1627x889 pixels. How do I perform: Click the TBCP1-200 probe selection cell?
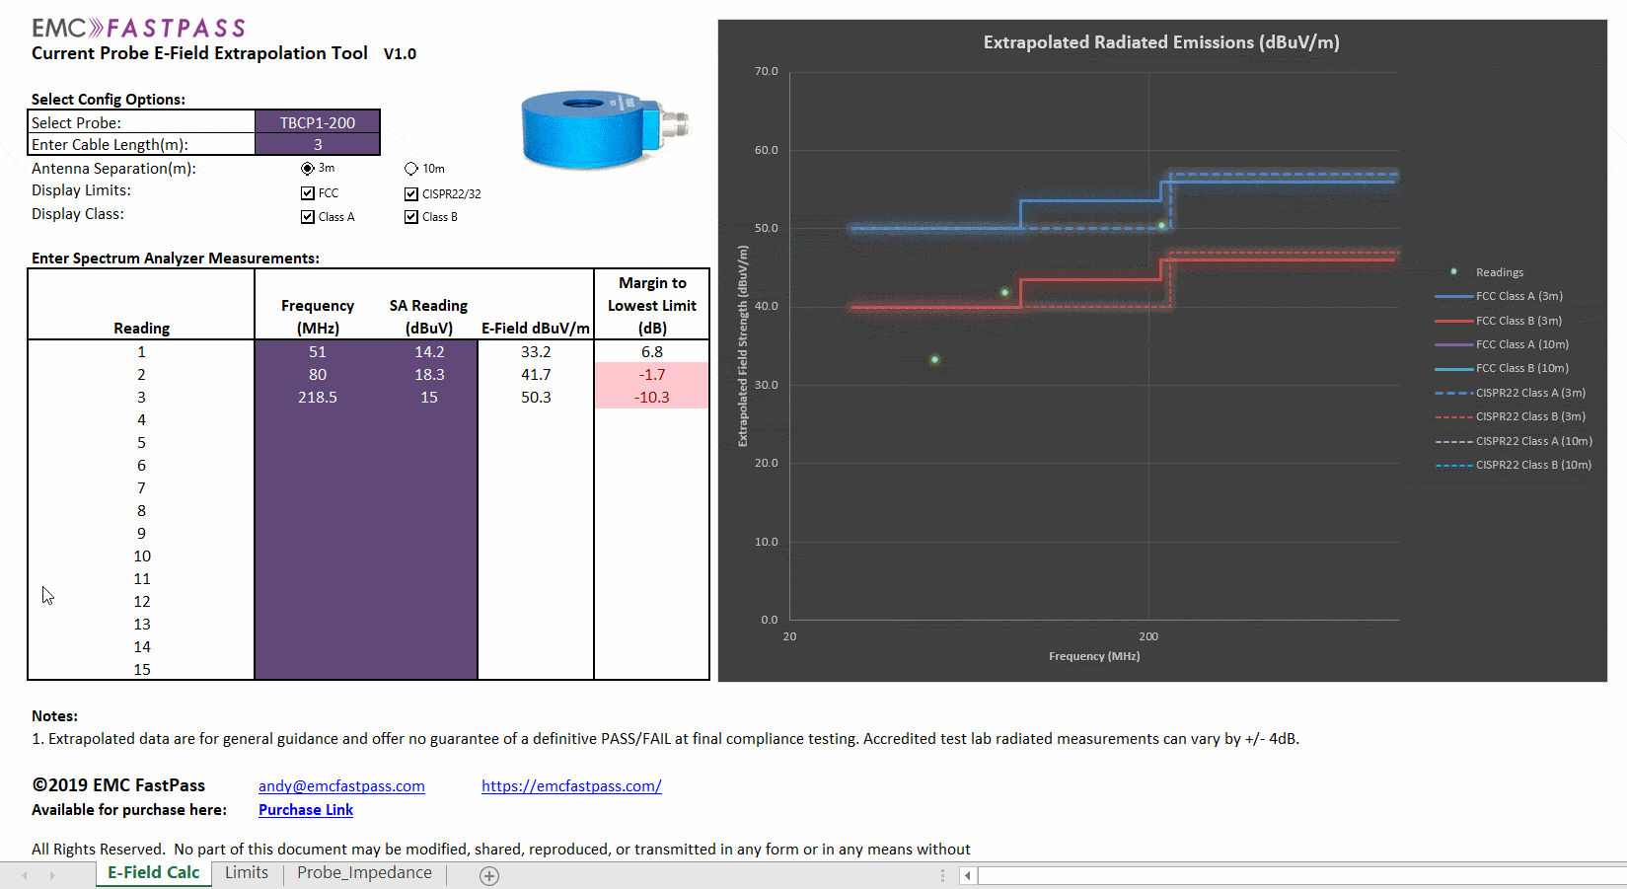point(317,122)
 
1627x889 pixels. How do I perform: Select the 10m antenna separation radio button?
point(411,169)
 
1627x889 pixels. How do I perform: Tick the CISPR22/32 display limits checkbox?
point(411,193)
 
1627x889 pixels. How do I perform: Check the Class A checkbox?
point(308,217)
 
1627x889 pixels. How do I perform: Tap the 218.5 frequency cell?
point(317,397)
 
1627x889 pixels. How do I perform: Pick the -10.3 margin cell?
point(652,397)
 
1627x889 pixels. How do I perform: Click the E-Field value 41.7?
point(536,374)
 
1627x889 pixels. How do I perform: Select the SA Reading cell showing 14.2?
point(429,351)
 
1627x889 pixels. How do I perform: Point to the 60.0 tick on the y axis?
point(766,150)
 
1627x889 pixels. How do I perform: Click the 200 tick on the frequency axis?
point(1148,636)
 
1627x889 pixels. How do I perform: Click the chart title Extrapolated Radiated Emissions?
point(1161,42)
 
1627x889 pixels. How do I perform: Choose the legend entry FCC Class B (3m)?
point(1518,321)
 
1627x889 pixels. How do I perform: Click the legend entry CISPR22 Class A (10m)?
point(1533,441)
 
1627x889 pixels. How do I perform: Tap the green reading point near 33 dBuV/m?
point(934,359)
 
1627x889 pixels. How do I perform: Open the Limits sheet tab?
point(247,873)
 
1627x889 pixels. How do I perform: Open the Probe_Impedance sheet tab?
point(364,873)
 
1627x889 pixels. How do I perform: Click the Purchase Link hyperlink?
point(306,810)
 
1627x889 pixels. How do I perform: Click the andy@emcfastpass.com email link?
point(341,786)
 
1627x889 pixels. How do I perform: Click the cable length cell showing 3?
point(317,144)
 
